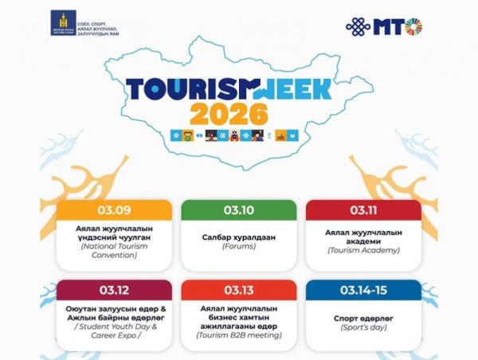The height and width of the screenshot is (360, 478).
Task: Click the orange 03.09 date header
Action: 114,210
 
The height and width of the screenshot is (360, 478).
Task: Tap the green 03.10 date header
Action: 238,210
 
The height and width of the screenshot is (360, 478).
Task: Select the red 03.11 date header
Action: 363,210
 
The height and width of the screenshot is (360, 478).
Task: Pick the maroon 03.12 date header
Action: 114,289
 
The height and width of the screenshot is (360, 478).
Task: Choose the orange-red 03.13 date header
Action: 238,289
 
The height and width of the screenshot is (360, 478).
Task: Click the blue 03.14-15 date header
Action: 363,289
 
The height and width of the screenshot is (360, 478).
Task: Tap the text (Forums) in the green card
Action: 238,247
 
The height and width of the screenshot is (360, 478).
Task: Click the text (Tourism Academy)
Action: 363,250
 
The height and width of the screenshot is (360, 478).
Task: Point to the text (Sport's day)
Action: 363,327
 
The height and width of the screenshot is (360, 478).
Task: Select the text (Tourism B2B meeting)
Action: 238,335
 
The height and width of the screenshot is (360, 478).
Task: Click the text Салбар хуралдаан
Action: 238,237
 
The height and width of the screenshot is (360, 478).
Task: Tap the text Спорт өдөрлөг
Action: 363,316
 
